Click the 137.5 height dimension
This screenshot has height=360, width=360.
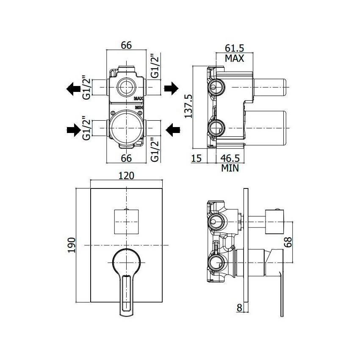(188, 106)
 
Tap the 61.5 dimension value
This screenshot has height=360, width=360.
(234, 48)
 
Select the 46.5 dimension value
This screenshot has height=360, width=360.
(230, 158)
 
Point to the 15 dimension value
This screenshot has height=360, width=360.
(196, 158)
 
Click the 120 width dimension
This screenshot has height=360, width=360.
(126, 176)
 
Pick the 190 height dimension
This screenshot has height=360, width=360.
(72, 245)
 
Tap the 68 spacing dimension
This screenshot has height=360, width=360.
(288, 242)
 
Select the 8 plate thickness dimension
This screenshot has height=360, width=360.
(239, 307)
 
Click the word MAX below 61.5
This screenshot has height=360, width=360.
(234, 58)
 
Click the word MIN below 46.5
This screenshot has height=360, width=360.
(230, 168)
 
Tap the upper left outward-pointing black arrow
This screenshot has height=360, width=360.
(73, 89)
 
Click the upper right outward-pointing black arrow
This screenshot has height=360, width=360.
(171, 88)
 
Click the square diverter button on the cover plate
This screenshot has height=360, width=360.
(127, 222)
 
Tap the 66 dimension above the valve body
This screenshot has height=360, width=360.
(126, 45)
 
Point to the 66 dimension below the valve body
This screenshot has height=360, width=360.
(126, 158)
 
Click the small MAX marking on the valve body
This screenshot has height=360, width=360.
(138, 99)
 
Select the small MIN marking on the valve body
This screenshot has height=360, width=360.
(139, 107)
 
